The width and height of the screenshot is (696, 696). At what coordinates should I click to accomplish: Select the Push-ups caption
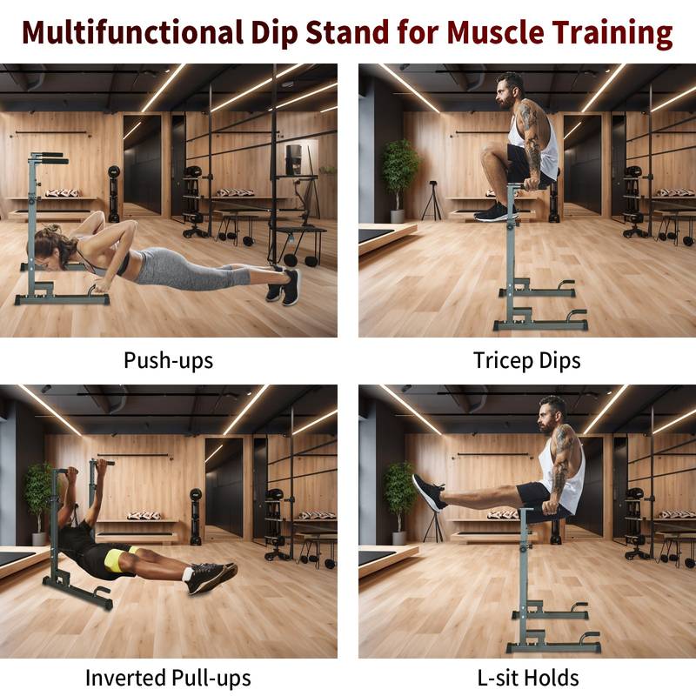pyautogui.click(x=168, y=359)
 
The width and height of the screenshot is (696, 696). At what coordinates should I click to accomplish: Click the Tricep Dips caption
pyautogui.click(x=526, y=359)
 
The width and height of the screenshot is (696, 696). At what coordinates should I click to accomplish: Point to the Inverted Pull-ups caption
pyautogui.click(x=168, y=677)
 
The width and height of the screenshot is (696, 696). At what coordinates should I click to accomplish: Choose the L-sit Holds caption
pyautogui.click(x=526, y=677)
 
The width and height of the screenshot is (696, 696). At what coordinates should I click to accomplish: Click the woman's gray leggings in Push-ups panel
pyautogui.click(x=187, y=267)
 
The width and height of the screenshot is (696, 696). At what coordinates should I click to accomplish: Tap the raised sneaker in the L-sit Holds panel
pyautogui.click(x=428, y=492)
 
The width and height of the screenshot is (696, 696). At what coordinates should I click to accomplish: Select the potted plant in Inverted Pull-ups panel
pyautogui.click(x=37, y=492)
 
